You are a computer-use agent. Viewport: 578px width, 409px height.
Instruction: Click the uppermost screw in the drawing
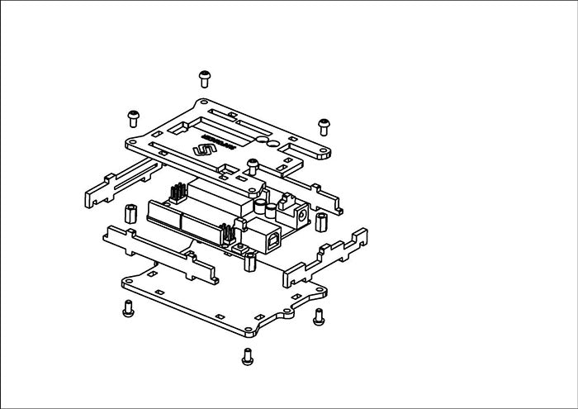pyautogui.click(x=204, y=78)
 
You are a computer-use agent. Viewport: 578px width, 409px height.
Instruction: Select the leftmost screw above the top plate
pyautogui.click(x=131, y=116)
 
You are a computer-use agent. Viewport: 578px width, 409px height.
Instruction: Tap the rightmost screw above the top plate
pyautogui.click(x=324, y=125)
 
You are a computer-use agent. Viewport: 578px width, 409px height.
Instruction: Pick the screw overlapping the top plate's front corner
pyautogui.click(x=253, y=164)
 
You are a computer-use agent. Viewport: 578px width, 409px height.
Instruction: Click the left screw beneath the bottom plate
pyautogui.click(x=127, y=309)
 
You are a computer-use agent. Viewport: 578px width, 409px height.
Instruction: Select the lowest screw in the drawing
pyautogui.click(x=246, y=356)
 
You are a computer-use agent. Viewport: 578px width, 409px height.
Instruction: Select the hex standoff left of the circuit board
pyautogui.click(x=130, y=213)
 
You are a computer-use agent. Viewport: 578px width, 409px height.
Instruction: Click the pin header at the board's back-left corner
pyautogui.click(x=176, y=196)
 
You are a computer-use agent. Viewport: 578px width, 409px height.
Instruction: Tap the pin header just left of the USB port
pyautogui.click(x=226, y=232)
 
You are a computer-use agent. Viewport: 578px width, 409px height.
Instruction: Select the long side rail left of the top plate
pyautogui.click(x=120, y=183)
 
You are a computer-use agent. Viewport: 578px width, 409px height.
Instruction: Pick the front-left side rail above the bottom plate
pyautogui.click(x=162, y=254)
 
